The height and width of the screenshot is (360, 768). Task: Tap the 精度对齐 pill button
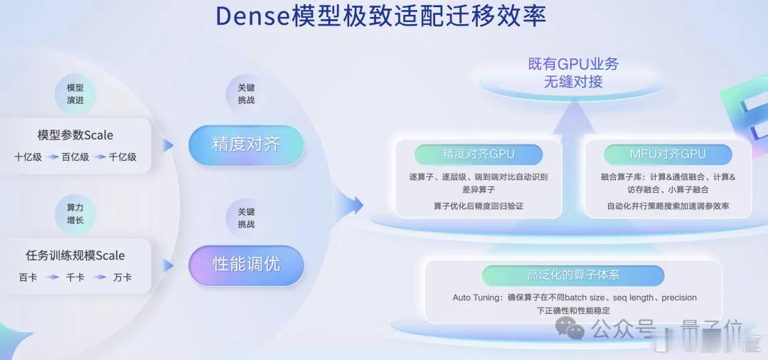point(246,144)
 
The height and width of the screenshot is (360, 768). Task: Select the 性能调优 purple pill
point(246,265)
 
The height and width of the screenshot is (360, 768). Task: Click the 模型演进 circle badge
point(75,94)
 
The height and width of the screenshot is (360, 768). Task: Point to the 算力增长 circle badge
point(75,213)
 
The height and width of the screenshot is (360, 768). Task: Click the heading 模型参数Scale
point(75,134)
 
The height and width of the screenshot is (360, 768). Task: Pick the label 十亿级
point(28,157)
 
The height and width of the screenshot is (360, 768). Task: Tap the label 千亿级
point(122,157)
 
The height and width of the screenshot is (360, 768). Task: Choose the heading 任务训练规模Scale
point(75,255)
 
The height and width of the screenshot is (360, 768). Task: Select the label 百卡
point(28,277)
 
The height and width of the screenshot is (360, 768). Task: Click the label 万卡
point(122,277)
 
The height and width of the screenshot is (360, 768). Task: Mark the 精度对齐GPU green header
point(478,154)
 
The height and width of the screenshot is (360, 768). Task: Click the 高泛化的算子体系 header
point(573,275)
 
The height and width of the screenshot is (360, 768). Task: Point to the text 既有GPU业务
point(573,64)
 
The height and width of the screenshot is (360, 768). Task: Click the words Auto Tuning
point(477,297)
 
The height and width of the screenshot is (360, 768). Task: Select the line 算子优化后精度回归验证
point(478,206)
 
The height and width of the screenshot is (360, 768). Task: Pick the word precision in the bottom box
point(679,297)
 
